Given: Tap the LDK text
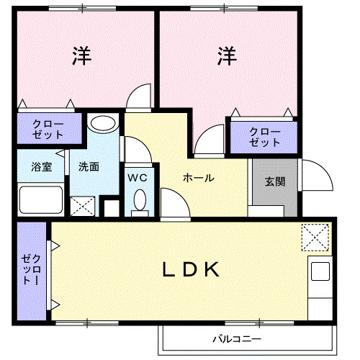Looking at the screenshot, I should (189, 269).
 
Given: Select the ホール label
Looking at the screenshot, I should (197, 178).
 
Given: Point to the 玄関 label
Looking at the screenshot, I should (274, 181).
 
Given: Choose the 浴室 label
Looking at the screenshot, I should (42, 167).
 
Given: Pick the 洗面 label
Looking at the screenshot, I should (89, 167).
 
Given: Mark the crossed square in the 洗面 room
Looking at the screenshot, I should (83, 206).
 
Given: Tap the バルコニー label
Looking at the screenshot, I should (235, 338).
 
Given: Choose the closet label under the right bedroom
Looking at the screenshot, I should (264, 137).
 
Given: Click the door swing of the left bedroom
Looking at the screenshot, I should (139, 96).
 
